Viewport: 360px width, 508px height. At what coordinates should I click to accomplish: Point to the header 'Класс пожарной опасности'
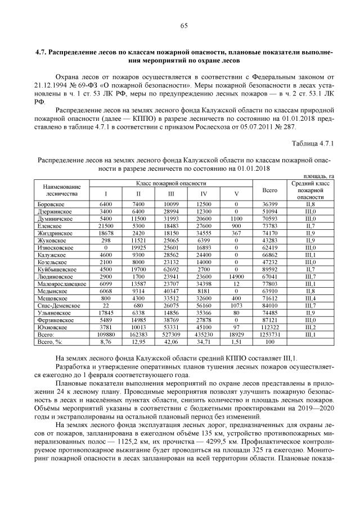(170, 184)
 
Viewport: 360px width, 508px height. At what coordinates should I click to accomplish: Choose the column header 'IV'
(202, 194)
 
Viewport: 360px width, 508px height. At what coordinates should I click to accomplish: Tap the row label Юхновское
(51, 325)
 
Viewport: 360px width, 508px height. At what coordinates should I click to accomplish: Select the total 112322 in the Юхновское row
(270, 325)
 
